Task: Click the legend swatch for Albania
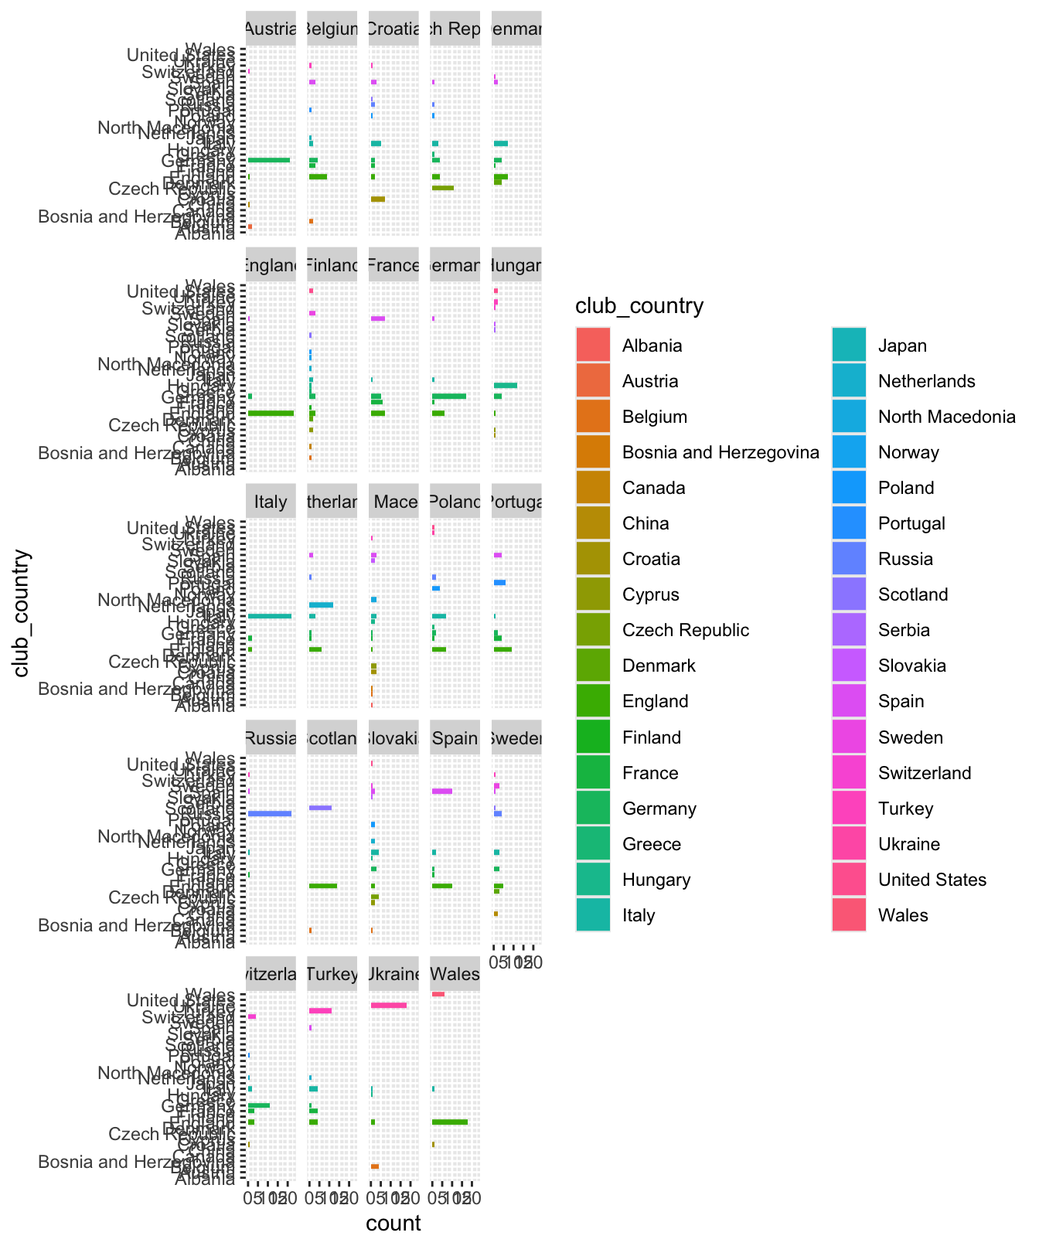[x=592, y=346]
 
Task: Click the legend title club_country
[x=639, y=307]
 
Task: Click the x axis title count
[x=393, y=1223]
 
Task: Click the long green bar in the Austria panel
[x=269, y=160]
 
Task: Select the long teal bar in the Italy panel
[x=270, y=616]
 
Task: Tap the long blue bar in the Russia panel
[x=270, y=813]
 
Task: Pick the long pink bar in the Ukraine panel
[x=388, y=1005]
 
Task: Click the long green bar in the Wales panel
[x=449, y=1122]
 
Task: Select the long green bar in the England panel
[x=271, y=414]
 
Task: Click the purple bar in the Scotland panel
[x=320, y=808]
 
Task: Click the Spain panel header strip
[x=455, y=738]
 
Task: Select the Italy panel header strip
[x=271, y=502]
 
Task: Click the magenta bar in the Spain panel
[x=442, y=791]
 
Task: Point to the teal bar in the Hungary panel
[x=505, y=385]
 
